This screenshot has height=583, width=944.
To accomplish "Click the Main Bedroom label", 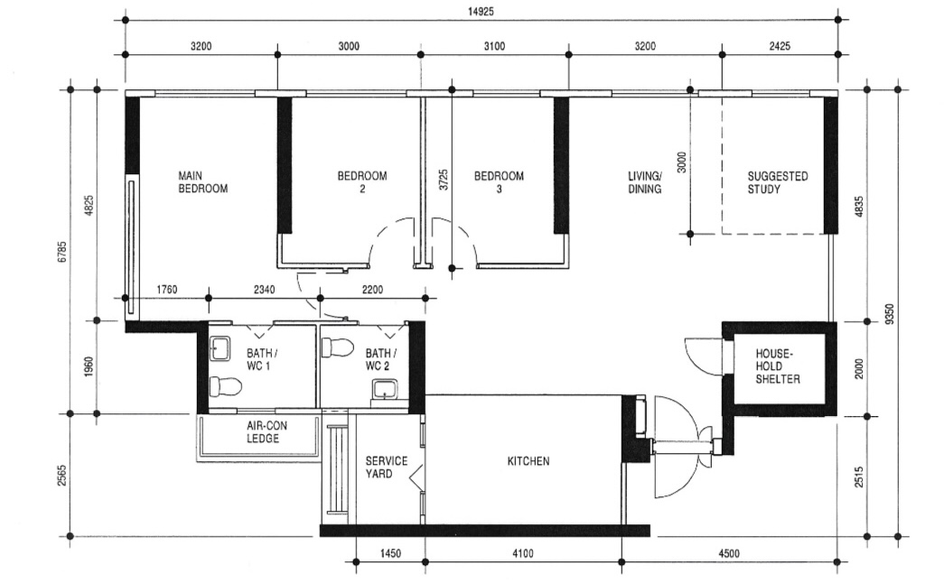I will point(202,182).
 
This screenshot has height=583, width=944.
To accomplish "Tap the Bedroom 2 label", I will point(361,182).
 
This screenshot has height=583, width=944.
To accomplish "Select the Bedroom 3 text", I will point(499,182).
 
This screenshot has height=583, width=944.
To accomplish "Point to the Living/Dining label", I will point(645,182).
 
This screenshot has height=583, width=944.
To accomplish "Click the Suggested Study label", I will point(777,182).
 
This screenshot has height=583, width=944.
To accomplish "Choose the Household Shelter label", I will point(778,366).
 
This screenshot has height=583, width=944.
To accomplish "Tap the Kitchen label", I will point(528,461).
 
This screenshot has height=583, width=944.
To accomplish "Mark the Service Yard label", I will point(386,467).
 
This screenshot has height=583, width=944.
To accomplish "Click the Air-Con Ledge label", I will point(263,432).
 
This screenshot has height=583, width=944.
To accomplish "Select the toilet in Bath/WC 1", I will point(225,387).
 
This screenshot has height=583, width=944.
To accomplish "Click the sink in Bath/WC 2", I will point(383,391).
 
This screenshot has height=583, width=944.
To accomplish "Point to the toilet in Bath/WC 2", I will point(339,347).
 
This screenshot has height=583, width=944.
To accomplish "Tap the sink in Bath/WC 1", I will point(220,347).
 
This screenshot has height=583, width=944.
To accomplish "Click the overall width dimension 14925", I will point(480,12).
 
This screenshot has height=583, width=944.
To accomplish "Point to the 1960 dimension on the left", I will point(89,366).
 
